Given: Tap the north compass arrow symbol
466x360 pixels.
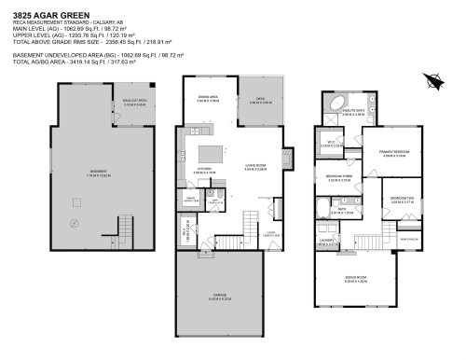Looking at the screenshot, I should pos(430,81).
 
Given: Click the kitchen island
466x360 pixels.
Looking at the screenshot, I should pos(213,152).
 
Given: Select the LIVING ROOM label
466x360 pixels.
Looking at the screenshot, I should pos(255,167).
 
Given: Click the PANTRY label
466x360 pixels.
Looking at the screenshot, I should pos(190,199).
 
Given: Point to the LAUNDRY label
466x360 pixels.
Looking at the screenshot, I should pos(326,242).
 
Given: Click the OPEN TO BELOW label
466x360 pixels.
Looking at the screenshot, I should pos(408,238).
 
